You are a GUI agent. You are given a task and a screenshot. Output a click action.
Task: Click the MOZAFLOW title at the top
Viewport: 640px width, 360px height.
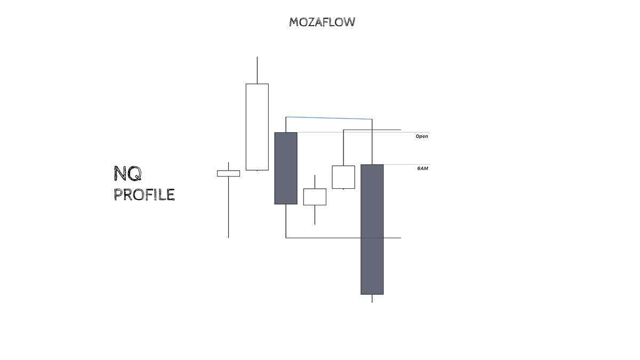pyautogui.click(x=322, y=22)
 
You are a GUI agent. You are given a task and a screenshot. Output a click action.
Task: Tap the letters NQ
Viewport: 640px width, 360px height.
pyautogui.click(x=127, y=173)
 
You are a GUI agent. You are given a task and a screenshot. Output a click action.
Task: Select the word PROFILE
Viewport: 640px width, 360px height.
pyautogui.click(x=144, y=195)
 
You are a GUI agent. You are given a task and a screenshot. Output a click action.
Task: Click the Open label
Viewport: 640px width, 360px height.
pyautogui.click(x=421, y=137)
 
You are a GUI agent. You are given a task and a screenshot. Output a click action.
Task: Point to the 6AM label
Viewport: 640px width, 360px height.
pyautogui.click(x=422, y=169)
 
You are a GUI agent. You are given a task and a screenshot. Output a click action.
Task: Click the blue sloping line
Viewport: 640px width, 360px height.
pyautogui.click(x=329, y=118)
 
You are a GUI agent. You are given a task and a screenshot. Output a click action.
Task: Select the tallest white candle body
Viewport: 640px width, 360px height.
pyautogui.click(x=257, y=126)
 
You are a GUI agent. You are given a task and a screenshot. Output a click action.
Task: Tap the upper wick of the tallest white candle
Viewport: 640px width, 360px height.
pyautogui.click(x=257, y=70)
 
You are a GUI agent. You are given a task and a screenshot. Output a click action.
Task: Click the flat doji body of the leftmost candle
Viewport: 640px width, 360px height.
pyautogui.click(x=228, y=173)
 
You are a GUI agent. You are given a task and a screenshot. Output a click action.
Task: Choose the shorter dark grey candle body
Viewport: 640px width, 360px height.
pyautogui.click(x=286, y=168)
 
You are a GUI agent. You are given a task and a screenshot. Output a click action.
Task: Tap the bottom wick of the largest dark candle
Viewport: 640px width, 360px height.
pyautogui.click(x=372, y=298)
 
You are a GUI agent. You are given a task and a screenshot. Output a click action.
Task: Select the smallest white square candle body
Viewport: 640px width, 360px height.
pyautogui.click(x=315, y=196)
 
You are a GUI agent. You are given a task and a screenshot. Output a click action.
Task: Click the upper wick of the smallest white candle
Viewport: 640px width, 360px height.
pyautogui.click(x=315, y=181)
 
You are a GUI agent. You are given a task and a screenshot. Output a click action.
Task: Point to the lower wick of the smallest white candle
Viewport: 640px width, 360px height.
pyautogui.click(x=315, y=214)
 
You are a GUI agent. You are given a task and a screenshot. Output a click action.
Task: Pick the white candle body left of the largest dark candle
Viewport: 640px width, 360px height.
pyautogui.click(x=343, y=177)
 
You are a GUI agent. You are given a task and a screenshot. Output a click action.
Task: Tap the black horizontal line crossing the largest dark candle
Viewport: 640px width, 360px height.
pyautogui.click(x=392, y=238)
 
